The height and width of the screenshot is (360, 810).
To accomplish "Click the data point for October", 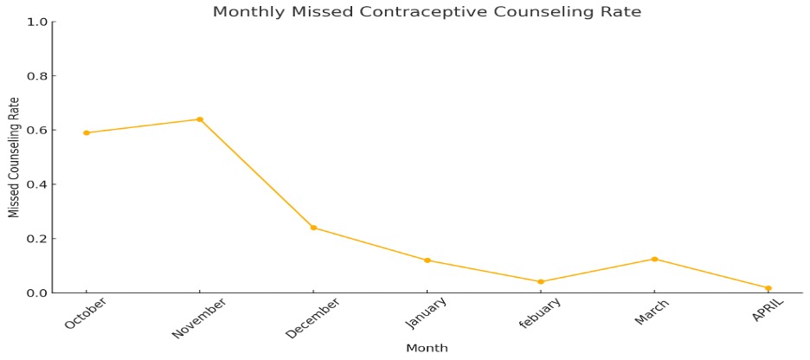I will point(87,132).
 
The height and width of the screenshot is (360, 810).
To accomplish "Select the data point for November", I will point(200,119).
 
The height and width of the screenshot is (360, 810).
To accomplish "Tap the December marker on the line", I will point(313,228).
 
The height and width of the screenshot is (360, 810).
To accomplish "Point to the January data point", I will point(427,260).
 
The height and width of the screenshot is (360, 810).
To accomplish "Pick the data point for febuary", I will point(541,281).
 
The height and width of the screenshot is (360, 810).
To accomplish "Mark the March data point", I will point(654,259).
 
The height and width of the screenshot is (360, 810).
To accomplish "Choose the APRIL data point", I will point(768,288).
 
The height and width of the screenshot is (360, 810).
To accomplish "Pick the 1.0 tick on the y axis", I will point(37,22).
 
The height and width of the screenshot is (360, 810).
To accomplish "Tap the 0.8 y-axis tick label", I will point(37,76).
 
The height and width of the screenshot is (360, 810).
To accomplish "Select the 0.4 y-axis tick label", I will point(37,184).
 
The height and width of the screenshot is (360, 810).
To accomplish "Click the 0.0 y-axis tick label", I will point(37,292).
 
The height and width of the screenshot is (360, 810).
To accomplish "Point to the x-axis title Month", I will point(427,348).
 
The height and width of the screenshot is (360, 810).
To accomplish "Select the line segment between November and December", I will point(257,173).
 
